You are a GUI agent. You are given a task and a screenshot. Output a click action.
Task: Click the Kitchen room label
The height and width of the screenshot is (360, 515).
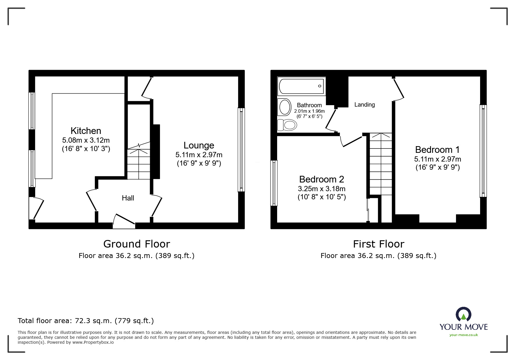(86, 131)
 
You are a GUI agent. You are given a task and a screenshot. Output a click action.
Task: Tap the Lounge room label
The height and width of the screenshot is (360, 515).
(199, 145)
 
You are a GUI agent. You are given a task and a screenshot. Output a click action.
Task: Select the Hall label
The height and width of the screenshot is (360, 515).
(128, 198)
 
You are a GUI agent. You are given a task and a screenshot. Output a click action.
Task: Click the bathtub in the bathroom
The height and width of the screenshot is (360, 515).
(302, 86)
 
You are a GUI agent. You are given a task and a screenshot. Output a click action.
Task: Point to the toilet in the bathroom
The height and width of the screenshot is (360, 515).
(287, 125)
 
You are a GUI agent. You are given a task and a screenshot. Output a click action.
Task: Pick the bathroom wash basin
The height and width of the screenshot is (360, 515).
(285, 107)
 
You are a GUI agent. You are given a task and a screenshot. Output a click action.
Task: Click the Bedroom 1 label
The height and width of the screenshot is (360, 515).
(437, 150)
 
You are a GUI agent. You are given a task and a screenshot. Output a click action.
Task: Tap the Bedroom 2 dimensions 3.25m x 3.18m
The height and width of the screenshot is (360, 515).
(322, 189)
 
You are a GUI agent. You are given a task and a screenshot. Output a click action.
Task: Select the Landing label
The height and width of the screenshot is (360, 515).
(364, 105)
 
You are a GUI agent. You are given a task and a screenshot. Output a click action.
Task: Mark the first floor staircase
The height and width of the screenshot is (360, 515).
(381, 164)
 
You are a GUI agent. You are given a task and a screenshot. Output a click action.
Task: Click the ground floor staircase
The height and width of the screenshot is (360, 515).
(139, 163)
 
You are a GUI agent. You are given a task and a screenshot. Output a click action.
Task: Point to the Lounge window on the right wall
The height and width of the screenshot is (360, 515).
(241, 150)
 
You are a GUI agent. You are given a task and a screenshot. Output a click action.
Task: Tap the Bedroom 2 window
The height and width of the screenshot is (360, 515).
(274, 183)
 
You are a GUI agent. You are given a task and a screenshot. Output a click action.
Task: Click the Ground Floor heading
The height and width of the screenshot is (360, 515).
(137, 244)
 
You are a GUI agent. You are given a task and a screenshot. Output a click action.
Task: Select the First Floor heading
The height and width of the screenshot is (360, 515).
(378, 244)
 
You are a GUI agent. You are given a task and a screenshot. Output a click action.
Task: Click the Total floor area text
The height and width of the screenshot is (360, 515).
(86, 321)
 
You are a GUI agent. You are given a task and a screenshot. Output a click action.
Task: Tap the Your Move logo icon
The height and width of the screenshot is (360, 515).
(463, 315)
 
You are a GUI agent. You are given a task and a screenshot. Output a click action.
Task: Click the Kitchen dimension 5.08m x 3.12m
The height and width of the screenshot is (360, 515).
(86, 140)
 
